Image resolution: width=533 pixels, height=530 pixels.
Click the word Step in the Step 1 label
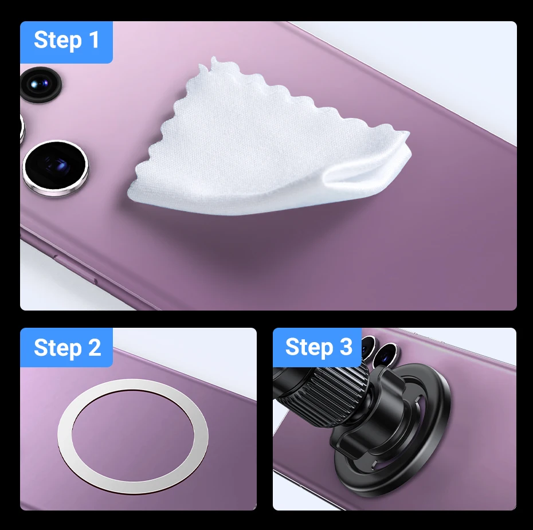(x=58, y=41)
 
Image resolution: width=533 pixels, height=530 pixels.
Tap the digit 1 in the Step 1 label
(x=94, y=40)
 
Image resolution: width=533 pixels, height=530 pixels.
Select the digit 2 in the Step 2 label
(x=95, y=347)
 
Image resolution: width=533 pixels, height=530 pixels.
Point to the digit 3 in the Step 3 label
(x=346, y=347)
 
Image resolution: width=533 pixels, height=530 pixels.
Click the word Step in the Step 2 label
(x=58, y=348)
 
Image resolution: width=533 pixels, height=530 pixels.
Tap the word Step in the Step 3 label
(x=309, y=348)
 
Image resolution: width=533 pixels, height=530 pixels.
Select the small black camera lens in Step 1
(x=41, y=84)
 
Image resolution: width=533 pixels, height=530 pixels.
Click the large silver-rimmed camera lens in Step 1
(x=56, y=168)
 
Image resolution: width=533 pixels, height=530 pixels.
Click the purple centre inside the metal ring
(x=133, y=436)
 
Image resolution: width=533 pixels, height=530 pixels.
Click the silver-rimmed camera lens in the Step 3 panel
(x=385, y=355)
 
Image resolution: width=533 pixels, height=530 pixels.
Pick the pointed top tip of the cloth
(x=213, y=58)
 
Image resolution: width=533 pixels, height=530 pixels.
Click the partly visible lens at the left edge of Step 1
(x=22, y=127)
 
